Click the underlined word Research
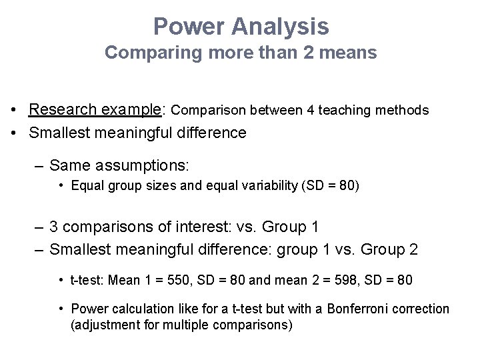click(x=63, y=109)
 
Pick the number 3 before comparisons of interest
click(x=55, y=227)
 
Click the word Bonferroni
click(x=372, y=309)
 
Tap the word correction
click(x=426, y=309)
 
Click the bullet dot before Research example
click(x=13, y=110)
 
